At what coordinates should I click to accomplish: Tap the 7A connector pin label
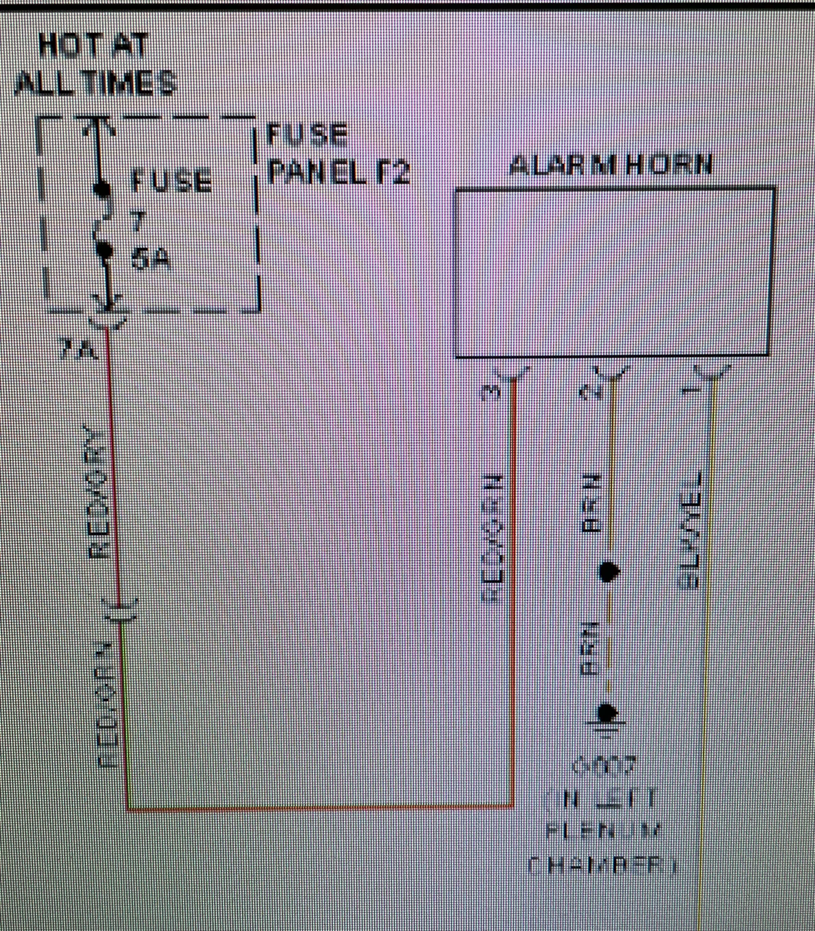[78, 350]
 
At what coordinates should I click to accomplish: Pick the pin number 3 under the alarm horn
[491, 392]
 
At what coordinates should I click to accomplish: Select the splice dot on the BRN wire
[608, 571]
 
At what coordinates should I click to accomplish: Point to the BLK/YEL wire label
[689, 532]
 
